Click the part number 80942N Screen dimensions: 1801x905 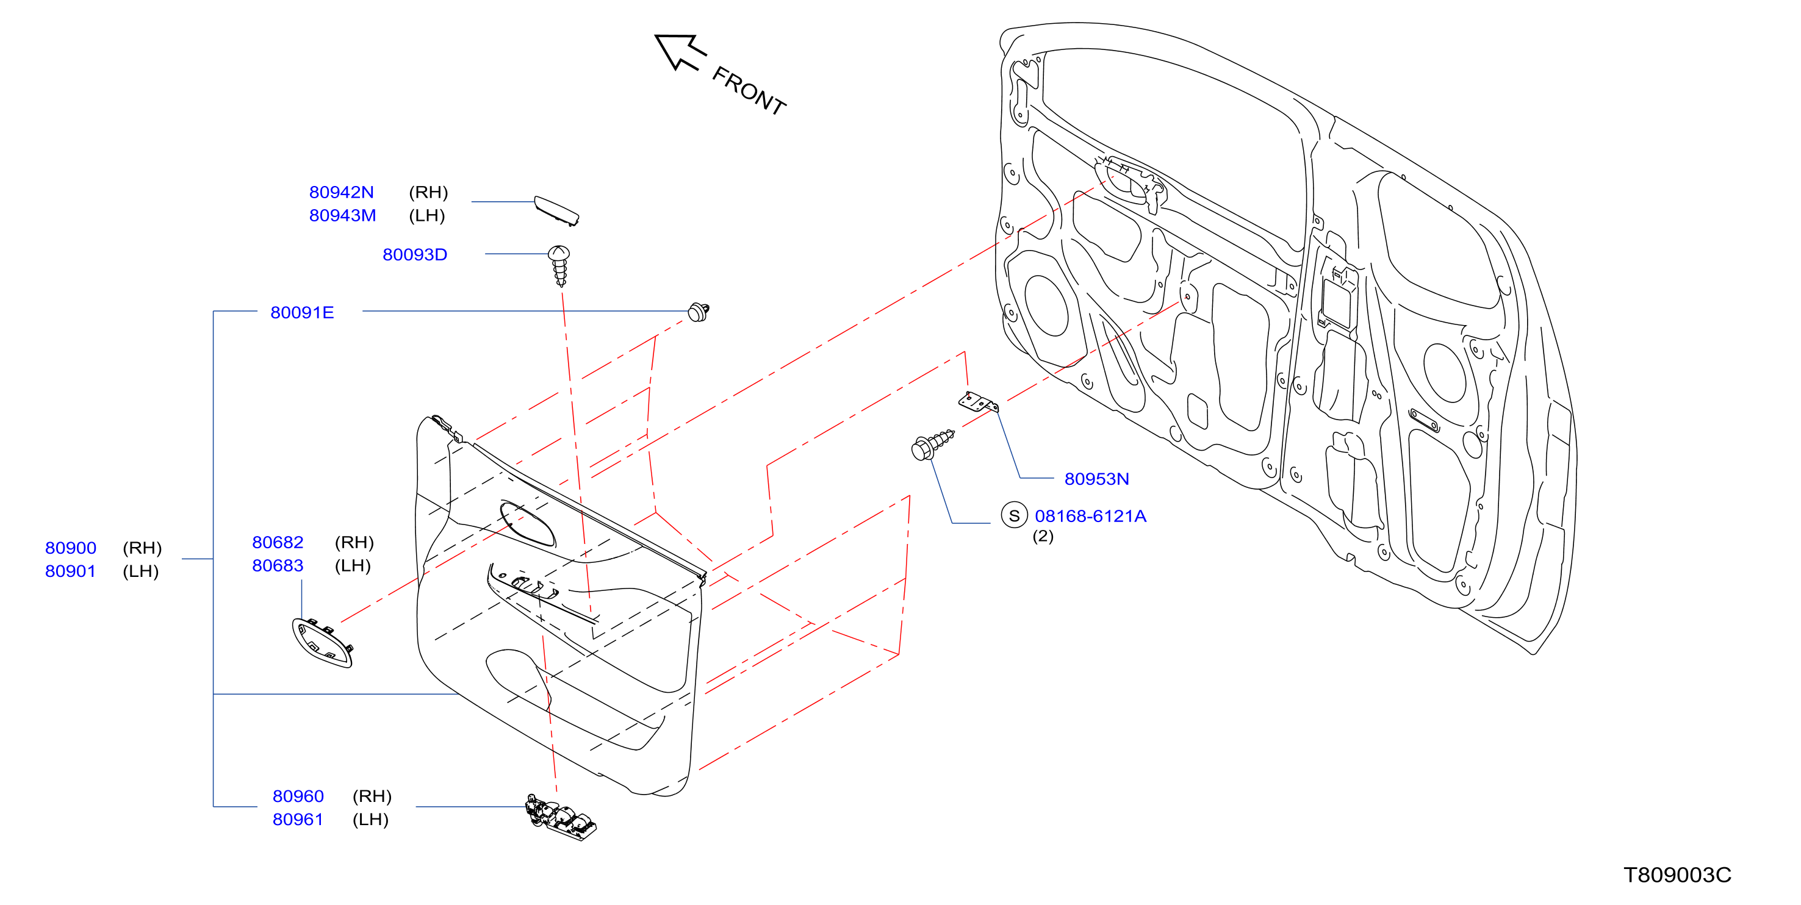[341, 192]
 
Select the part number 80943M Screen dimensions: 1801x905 [343, 215]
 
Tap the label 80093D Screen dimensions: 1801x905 [415, 254]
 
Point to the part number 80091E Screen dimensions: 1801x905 [302, 312]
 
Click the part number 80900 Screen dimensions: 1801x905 [71, 548]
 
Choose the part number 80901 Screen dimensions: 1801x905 [70, 571]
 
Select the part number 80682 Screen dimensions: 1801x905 [278, 542]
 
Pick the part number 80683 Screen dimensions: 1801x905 [278, 565]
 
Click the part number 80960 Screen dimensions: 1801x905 [298, 796]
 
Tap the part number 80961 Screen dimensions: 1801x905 [298, 819]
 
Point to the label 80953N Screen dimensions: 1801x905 [1096, 479]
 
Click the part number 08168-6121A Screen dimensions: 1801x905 [1091, 516]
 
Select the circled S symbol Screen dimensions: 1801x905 [1014, 516]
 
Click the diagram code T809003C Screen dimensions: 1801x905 [1677, 875]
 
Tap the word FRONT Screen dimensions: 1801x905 [749, 90]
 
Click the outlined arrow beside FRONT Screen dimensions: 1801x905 [680, 52]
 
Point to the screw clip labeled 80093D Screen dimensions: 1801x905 [559, 265]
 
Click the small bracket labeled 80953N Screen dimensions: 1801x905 [978, 402]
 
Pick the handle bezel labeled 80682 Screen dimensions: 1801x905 [322, 642]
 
